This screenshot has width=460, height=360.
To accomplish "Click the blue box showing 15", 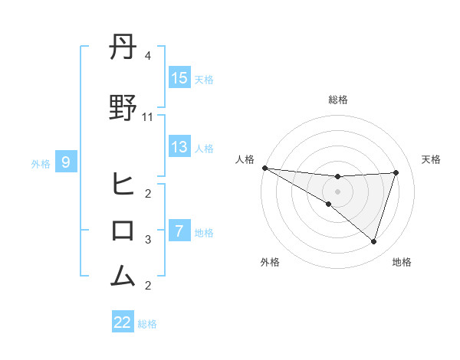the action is pos(179,79).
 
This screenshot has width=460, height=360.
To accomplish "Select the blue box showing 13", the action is pos(179,147).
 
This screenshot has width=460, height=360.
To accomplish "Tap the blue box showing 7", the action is pos(179,231).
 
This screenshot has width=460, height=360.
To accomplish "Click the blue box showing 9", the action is pos(66,162).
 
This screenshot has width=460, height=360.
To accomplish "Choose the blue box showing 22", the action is pos(123,322).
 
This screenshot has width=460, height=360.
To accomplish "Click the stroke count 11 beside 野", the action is pos(148,116).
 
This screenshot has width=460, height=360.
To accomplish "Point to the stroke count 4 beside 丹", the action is pos(148,56).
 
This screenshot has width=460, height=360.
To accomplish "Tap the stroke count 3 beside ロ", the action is pos(148,240).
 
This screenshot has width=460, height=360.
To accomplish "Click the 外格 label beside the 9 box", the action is pos(40,163).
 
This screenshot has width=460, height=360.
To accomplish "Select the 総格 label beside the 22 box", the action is pos(147,324).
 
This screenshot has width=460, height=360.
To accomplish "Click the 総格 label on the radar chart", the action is pos(337,100).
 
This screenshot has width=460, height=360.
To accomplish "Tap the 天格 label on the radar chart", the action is pos(432,159).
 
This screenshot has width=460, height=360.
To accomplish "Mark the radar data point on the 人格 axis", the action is pos(264,168).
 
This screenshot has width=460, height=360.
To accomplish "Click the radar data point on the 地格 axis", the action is pos(374,241).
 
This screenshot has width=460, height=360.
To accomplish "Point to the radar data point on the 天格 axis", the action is pos(396,172).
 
